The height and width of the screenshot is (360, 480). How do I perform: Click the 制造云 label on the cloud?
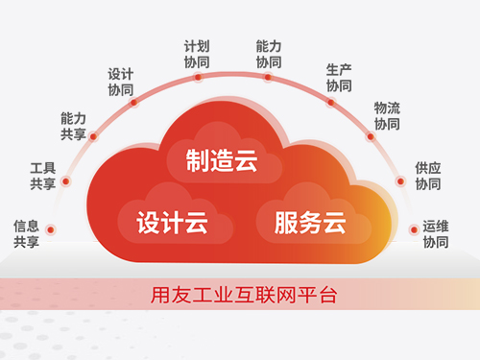pyautogui.click(x=222, y=160)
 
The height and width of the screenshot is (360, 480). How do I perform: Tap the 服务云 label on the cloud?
pyautogui.click(x=309, y=225)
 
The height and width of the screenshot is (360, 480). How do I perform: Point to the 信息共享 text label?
pyautogui.click(x=26, y=234)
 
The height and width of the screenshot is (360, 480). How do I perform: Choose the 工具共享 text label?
pyautogui.click(x=42, y=176)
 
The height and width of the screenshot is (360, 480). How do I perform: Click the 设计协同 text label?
pyautogui.click(x=121, y=81)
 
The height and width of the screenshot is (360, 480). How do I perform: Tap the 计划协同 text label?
pyautogui.click(x=196, y=53)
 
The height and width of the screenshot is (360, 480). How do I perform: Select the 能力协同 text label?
pyautogui.click(x=269, y=53)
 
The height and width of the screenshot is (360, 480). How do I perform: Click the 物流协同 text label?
pyautogui.click(x=387, y=116)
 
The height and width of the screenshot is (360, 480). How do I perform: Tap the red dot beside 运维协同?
pyautogui.click(x=413, y=230)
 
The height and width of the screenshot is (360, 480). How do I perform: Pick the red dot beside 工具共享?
pyautogui.click(x=65, y=181)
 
